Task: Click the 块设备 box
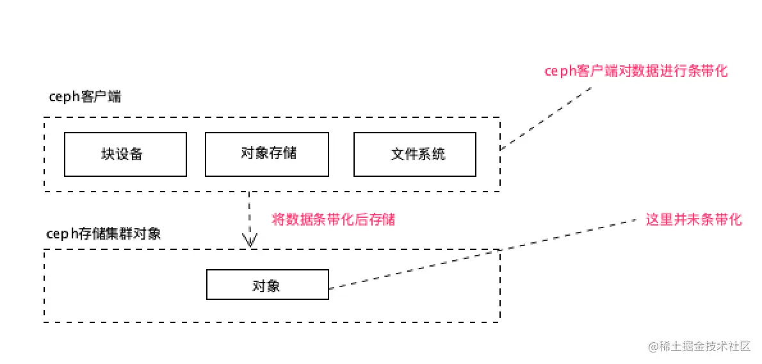coord(126,154)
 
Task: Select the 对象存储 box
coord(266,154)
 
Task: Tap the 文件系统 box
coord(415,154)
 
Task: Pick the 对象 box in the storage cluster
coord(267,285)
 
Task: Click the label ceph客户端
coord(85,97)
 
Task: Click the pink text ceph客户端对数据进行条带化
coord(636,72)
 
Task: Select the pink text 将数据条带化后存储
coord(334,220)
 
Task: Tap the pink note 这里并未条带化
coord(693,220)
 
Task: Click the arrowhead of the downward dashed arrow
coord(249,241)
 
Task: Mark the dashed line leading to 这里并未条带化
coord(487,252)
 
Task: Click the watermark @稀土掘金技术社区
coord(699,347)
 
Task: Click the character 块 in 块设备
coord(108,154)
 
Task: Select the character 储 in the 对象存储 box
coord(289,153)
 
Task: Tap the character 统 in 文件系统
coord(439,154)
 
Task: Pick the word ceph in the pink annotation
coord(560,72)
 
